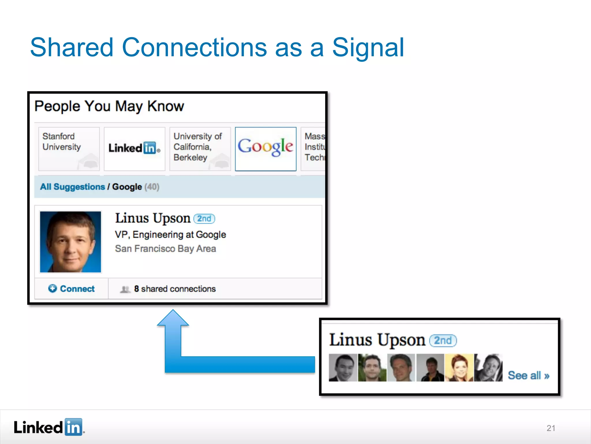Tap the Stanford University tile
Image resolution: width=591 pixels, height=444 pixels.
(69, 149)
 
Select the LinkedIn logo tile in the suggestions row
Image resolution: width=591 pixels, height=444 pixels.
(134, 149)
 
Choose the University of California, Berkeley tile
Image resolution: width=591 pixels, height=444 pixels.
(200, 149)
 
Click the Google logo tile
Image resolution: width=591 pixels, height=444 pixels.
(265, 149)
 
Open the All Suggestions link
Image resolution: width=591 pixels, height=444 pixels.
(72, 187)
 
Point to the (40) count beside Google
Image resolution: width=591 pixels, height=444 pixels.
(152, 187)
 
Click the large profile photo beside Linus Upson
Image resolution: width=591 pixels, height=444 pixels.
(71, 242)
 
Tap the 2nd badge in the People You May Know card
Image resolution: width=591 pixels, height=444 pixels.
(204, 219)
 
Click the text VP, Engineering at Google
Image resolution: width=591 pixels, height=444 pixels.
(170, 234)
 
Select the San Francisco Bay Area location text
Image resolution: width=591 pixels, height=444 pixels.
(165, 249)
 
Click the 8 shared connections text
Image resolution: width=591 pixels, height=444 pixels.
(175, 289)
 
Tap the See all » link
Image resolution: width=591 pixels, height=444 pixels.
(528, 375)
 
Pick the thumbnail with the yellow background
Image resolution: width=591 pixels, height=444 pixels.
(459, 368)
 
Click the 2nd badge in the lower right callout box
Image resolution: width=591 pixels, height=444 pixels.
(443, 340)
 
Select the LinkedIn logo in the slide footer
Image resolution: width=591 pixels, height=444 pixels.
(49, 427)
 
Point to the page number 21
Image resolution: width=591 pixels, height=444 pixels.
(551, 428)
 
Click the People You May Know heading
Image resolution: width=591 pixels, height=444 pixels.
(109, 106)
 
